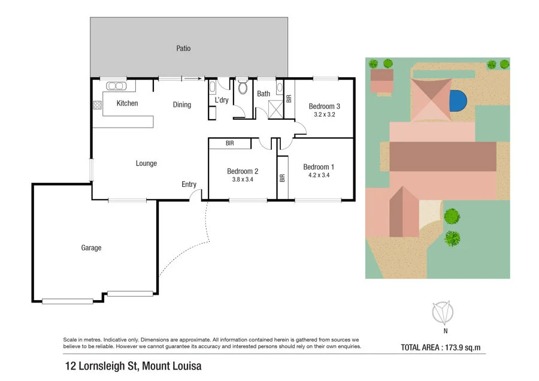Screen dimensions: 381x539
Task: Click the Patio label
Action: [183, 49]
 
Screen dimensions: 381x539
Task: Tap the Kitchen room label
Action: [127, 104]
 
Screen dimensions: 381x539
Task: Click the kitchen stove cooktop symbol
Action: [96, 106]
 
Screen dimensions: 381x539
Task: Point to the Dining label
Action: [182, 105]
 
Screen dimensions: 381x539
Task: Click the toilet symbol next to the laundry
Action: [243, 89]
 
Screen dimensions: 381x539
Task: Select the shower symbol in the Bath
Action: [276, 110]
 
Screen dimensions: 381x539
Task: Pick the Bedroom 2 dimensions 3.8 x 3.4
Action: [243, 179]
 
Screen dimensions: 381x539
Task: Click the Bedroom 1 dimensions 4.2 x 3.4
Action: [317, 176]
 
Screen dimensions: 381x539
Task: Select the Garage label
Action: [92, 248]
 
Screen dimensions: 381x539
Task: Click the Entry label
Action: [189, 185]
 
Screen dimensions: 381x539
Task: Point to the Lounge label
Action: [146, 164]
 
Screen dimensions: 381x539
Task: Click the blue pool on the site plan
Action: [458, 100]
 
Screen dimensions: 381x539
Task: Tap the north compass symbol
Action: [443, 313]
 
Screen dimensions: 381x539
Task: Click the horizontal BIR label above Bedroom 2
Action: [230, 144]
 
